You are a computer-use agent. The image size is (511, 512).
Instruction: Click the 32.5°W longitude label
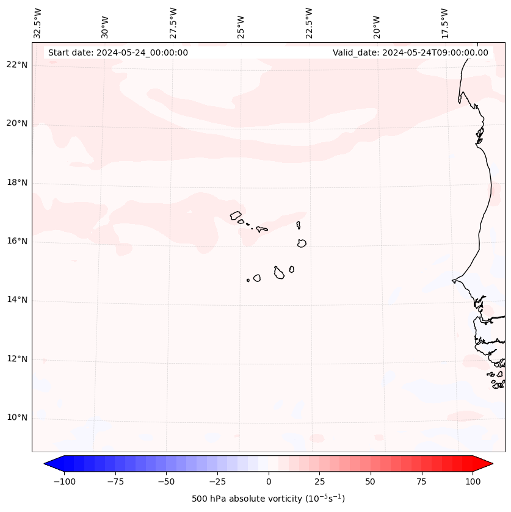[x=38, y=23]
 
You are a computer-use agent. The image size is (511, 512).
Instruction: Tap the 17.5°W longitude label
[x=444, y=23]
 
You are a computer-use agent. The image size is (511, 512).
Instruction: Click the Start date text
[x=118, y=52]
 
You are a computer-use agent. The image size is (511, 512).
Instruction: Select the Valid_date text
[x=410, y=52]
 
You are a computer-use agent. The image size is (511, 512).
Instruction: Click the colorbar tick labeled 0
[x=269, y=481]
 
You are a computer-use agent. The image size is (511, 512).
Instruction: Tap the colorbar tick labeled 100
[x=473, y=481]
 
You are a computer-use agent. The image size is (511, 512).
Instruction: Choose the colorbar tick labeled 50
[x=371, y=481]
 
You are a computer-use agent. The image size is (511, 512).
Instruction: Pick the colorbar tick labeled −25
[x=217, y=481]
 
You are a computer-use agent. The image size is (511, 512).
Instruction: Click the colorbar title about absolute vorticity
[x=269, y=499]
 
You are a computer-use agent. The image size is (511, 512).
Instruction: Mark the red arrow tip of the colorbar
[x=491, y=464]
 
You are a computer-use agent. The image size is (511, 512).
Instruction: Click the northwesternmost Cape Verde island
[x=236, y=215]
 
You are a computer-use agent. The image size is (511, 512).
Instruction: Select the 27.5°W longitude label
[x=173, y=23]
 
